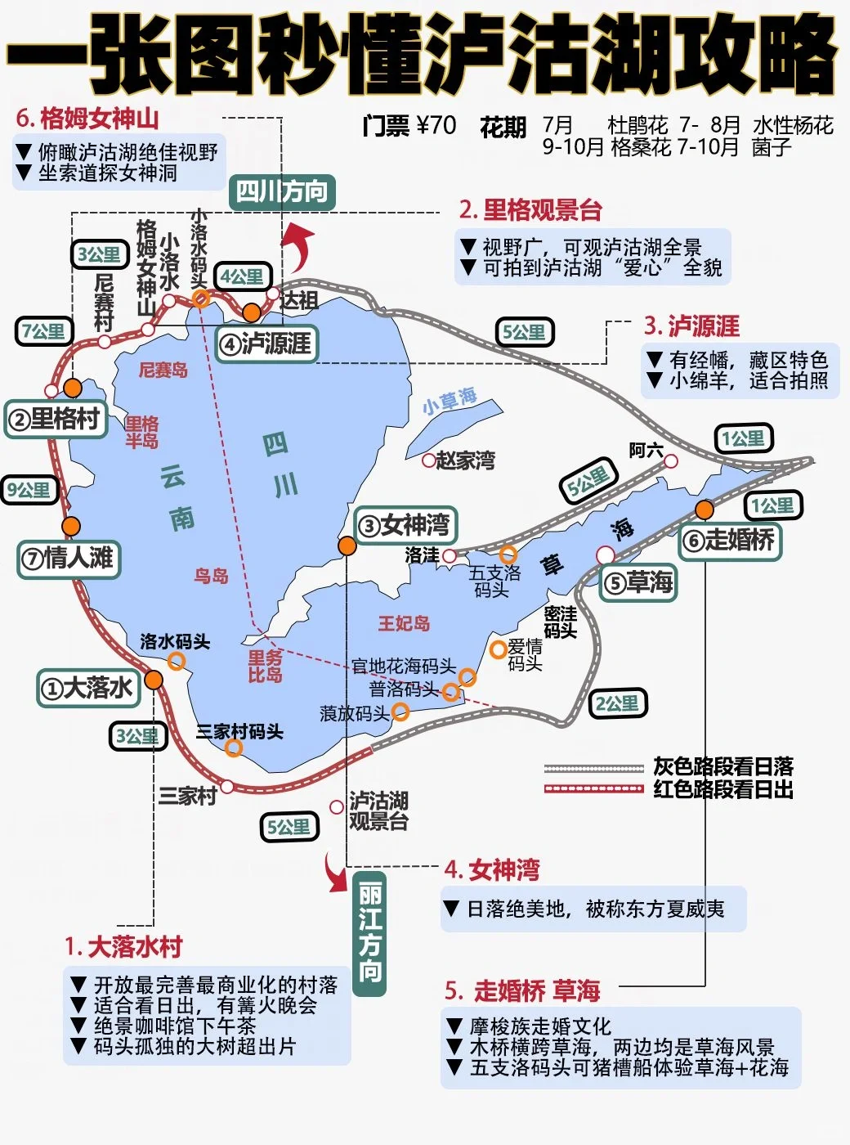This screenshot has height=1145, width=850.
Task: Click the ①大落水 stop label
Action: coord(89,688)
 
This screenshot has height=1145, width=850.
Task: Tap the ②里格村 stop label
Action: coord(56,420)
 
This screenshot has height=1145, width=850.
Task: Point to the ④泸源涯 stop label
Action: coord(266,343)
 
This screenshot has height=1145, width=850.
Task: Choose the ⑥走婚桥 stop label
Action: coord(730,540)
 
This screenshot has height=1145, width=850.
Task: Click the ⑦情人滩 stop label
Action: coord(69,559)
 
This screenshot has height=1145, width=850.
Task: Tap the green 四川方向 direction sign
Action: coord(281,192)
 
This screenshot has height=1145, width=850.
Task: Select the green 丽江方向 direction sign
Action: coord(369,932)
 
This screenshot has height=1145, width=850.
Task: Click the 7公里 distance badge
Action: coord(44,331)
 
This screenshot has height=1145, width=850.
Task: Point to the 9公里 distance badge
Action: coord(29,490)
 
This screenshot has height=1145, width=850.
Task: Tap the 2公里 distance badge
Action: coord(617,703)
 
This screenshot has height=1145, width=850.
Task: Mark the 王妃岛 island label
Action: coord(404,623)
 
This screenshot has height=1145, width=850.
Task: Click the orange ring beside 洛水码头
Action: coord(176,661)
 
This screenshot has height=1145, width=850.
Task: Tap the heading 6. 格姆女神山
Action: coord(87,119)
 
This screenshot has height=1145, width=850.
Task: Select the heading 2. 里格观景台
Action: coord(530,210)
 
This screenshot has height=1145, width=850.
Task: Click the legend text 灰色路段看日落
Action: coord(723,767)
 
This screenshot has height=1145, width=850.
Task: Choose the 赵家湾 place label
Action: coord(464,460)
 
